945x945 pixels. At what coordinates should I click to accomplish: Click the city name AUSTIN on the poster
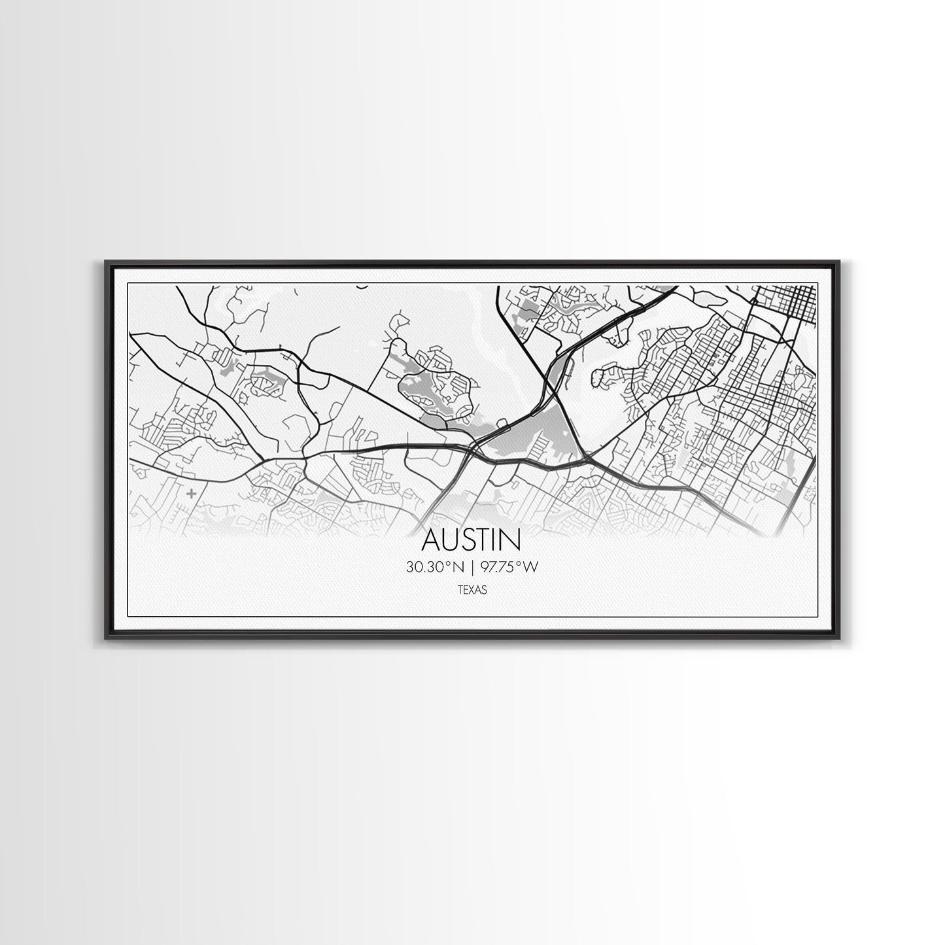click(x=472, y=540)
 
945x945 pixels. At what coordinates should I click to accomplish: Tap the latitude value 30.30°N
click(x=435, y=568)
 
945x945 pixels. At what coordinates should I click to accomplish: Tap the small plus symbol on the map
click(x=190, y=493)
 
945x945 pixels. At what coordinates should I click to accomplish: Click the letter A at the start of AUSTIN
click(x=432, y=540)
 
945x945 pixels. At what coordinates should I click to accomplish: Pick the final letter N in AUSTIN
click(x=511, y=540)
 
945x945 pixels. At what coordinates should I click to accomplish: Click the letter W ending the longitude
click(x=530, y=568)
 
